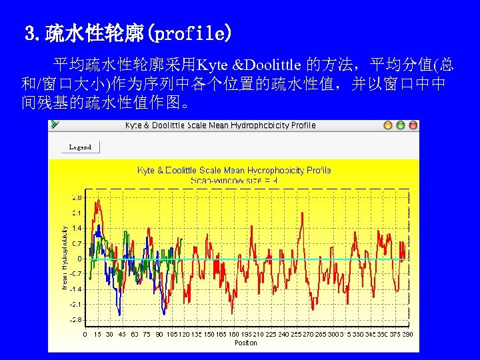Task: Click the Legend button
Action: click(81, 147)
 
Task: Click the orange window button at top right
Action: click(388, 125)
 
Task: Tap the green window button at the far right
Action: click(413, 125)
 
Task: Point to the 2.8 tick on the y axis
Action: click(77, 197)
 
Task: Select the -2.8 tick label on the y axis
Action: click(76, 319)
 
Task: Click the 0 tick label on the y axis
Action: click(79, 259)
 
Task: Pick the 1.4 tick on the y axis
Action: click(77, 228)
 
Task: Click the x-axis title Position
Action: click(245, 343)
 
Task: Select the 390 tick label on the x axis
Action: click(407, 335)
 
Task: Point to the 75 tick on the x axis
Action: click(147, 335)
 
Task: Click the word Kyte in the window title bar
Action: click(133, 125)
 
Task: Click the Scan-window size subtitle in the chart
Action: click(233, 180)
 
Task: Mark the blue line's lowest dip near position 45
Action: click(119, 313)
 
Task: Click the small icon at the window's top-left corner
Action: click(55, 125)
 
